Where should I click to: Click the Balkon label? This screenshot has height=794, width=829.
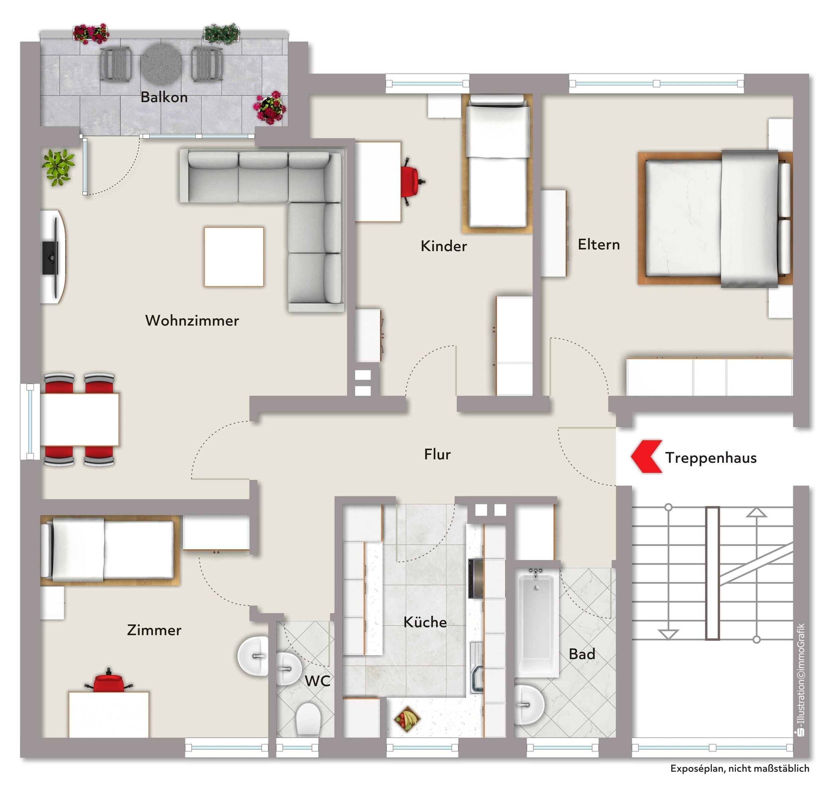coord(164,97)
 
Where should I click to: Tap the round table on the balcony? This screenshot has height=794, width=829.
coord(161,64)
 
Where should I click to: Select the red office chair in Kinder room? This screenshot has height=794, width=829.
coord(411,182)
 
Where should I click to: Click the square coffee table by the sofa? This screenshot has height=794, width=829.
coord(234,257)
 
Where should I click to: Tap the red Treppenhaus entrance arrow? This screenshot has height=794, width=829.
coord(646,457)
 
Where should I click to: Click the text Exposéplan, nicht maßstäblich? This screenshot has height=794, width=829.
coord(740,768)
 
